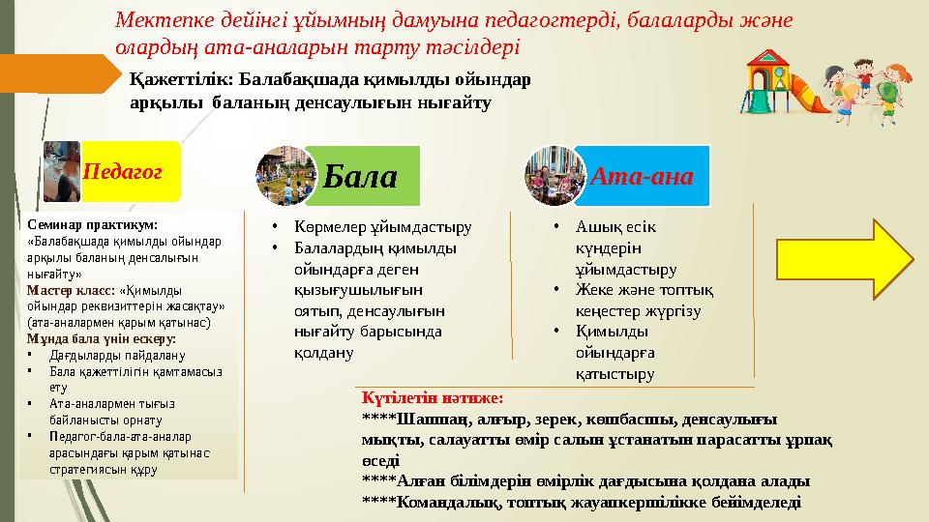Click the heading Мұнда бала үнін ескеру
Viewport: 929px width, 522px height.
click(101, 338)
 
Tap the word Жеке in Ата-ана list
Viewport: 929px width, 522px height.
click(592, 291)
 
